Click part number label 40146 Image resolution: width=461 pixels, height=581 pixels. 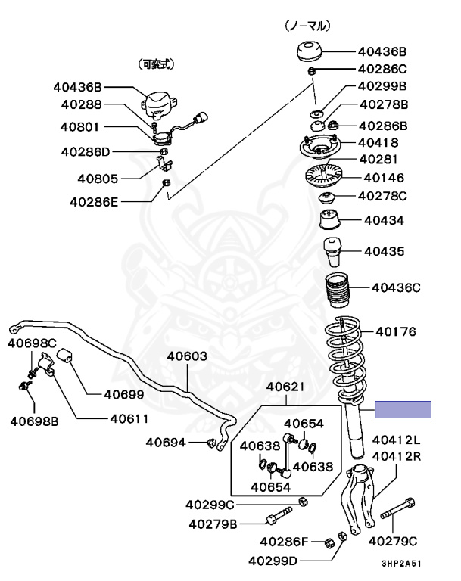click(x=385, y=179)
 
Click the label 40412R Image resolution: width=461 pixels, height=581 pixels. click(x=396, y=456)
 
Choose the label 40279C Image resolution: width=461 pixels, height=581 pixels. click(x=393, y=541)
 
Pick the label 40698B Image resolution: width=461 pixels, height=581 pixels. click(x=34, y=421)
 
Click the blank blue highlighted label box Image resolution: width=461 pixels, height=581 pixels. click(x=404, y=409)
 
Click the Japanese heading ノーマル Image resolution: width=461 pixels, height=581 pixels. click(x=307, y=26)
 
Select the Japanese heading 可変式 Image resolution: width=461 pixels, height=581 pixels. click(x=155, y=64)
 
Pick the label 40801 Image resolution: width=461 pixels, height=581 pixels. click(x=82, y=128)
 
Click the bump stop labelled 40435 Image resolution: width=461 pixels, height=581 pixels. click(x=333, y=252)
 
